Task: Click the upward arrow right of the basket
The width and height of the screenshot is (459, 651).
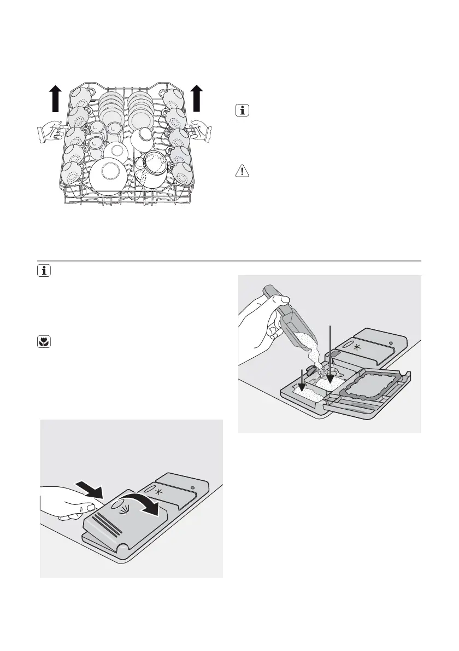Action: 197,98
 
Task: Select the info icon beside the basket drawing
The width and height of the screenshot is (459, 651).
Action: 241,111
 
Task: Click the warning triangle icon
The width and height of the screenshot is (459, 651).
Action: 241,171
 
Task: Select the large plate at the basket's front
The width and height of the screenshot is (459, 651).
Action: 107,176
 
